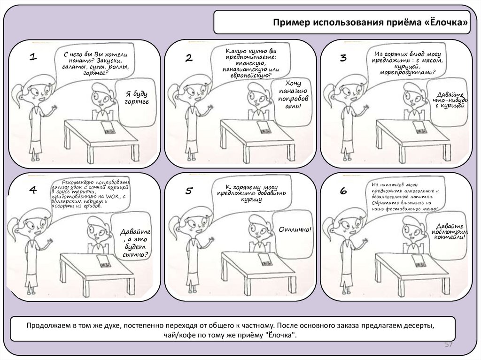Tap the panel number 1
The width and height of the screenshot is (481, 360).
click(x=33, y=57)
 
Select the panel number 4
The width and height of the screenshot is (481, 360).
click(x=33, y=190)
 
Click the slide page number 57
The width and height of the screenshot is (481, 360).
click(x=449, y=345)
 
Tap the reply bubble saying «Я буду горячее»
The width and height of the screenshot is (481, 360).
click(x=136, y=98)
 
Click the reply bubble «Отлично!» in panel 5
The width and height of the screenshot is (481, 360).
click(x=295, y=230)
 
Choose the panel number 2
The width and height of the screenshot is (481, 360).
click(x=188, y=58)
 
